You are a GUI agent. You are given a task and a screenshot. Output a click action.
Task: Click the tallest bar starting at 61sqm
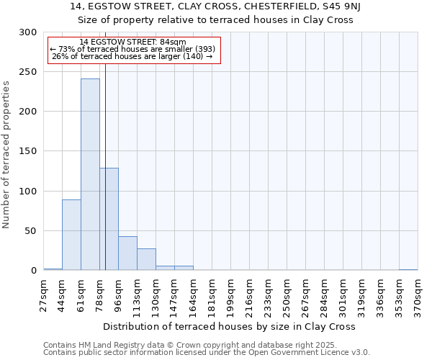(90, 175)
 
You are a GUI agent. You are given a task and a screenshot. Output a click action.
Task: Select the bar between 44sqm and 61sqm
(71, 235)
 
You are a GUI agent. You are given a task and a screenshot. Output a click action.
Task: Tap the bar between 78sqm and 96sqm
(109, 219)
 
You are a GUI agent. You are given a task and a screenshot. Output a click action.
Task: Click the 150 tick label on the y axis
(27, 152)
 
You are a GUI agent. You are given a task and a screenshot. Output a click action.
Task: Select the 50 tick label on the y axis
(30, 231)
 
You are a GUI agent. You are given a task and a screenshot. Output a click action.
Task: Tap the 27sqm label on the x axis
(44, 294)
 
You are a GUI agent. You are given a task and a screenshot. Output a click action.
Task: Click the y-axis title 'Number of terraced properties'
(6, 154)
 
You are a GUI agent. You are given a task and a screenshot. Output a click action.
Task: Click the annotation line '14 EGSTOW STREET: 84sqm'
(132, 42)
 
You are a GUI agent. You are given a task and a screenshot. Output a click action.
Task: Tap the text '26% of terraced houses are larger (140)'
(132, 56)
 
